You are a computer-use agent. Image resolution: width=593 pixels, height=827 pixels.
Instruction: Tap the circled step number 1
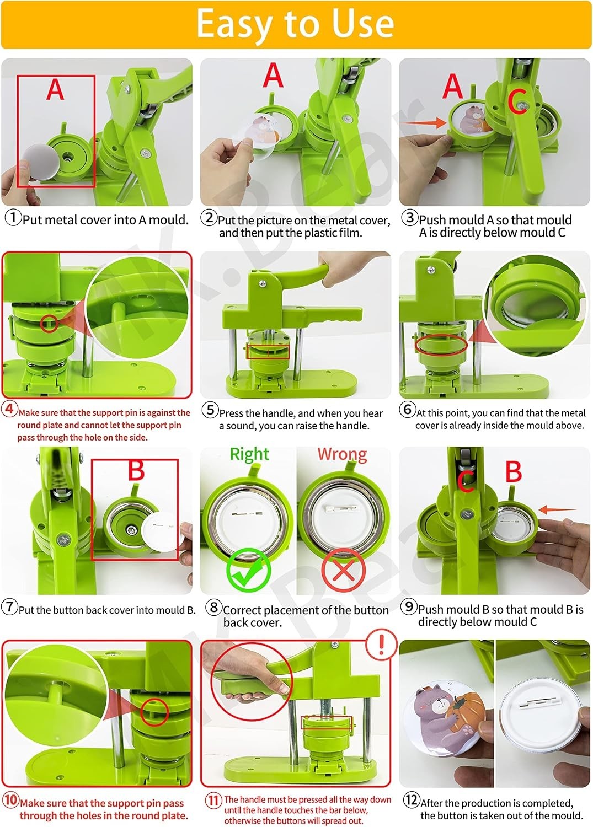pyautogui.click(x=13, y=217)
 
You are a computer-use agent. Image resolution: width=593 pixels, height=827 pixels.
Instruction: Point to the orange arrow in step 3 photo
pyautogui.click(x=424, y=122)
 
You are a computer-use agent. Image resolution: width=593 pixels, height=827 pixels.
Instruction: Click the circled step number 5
pyautogui.click(x=210, y=410)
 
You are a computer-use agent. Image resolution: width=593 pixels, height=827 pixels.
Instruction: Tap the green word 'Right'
pyautogui.click(x=249, y=454)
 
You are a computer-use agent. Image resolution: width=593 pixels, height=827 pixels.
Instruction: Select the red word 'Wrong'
pyautogui.click(x=342, y=454)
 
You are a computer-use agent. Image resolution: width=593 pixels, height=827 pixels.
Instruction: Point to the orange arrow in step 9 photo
pyautogui.click(x=558, y=509)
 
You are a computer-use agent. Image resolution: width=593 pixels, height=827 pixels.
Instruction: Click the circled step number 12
pyautogui.click(x=411, y=799)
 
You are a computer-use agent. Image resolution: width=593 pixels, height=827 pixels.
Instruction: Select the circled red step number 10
pyautogui.click(x=10, y=799)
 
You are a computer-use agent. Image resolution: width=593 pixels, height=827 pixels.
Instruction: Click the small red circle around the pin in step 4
pyautogui.click(x=49, y=324)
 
